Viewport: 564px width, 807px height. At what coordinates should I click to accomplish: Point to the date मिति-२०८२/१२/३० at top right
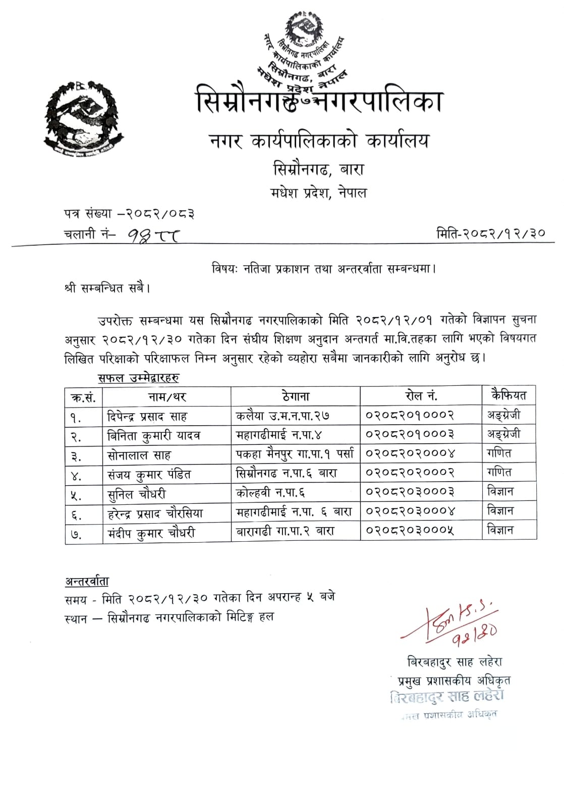pos(490,233)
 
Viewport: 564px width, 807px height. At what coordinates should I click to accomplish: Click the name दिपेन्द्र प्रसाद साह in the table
pos(147,417)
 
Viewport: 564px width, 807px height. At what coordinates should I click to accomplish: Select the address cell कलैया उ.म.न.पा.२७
pos(283,416)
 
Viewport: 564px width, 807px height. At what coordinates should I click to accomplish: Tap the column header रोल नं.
pos(421,396)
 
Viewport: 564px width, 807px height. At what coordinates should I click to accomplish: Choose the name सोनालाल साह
pos(139,455)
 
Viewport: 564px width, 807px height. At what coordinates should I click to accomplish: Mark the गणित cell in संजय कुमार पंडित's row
pos(499,473)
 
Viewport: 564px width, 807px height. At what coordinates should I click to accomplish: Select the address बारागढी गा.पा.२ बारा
pos(285,531)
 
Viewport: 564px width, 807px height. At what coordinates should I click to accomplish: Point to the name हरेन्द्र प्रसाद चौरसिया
pos(155,513)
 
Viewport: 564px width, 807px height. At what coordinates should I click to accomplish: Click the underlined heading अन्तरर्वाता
pos(87,581)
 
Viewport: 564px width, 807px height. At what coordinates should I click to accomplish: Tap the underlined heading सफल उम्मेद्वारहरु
pos(138,377)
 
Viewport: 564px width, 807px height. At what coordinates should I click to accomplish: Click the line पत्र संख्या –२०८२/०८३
pos(129,214)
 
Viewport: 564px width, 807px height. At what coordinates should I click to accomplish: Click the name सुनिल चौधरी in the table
pos(137,494)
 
